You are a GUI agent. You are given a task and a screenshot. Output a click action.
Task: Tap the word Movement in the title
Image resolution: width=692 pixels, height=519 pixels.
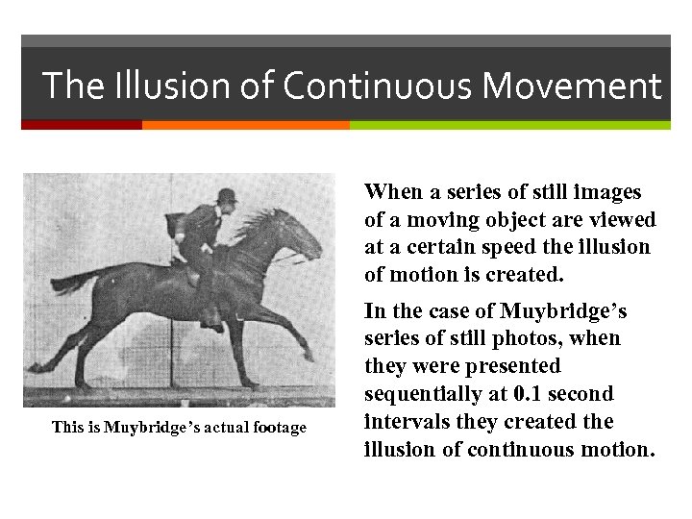pos(571,86)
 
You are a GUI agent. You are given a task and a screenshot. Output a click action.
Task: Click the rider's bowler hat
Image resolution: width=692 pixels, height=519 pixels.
pos(228,196)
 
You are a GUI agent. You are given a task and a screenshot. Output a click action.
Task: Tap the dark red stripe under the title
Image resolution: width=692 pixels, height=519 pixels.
pos(82,125)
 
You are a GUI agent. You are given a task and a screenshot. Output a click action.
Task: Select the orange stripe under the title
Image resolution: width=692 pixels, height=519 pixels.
pos(245,125)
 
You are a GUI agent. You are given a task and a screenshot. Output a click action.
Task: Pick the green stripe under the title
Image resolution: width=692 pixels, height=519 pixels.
pos(509,125)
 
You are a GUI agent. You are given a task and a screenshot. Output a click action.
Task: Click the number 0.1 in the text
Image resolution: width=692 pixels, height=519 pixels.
pos(527,394)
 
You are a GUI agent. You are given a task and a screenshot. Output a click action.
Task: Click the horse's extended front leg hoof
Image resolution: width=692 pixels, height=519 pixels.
pos(308,355)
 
